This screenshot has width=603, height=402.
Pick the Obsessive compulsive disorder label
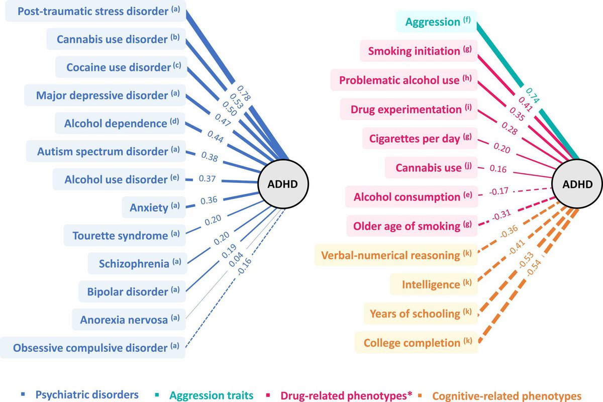point(93,348)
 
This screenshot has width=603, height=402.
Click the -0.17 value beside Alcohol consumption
point(499,190)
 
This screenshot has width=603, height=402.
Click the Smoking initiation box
point(418,51)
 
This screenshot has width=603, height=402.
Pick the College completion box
point(416,343)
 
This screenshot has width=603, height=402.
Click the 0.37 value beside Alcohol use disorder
point(208,178)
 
